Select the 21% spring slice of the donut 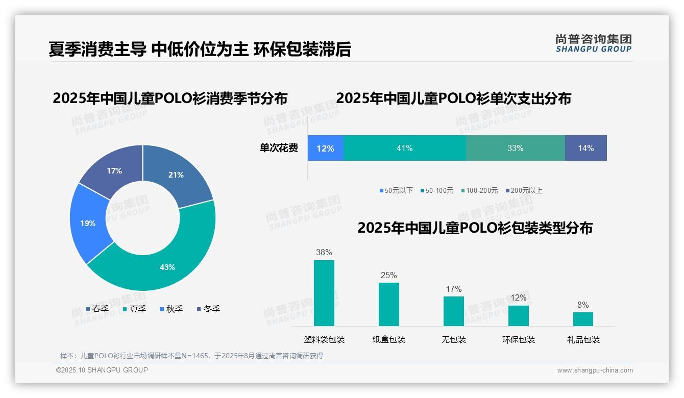tap(176, 175)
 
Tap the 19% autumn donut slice tap(88, 223)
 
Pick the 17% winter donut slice tap(114, 171)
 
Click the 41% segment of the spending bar tap(404, 148)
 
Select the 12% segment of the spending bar tap(325, 148)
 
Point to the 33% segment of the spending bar tap(515, 148)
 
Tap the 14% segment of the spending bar tap(585, 148)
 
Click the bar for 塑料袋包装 tap(324, 293)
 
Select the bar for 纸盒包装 tap(388, 304)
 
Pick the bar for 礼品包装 tap(583, 319)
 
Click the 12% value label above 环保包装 tap(518, 297)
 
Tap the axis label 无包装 tap(453, 339)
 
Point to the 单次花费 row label tap(279, 148)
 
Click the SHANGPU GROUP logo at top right tap(593, 43)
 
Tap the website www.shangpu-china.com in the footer tap(595, 370)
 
